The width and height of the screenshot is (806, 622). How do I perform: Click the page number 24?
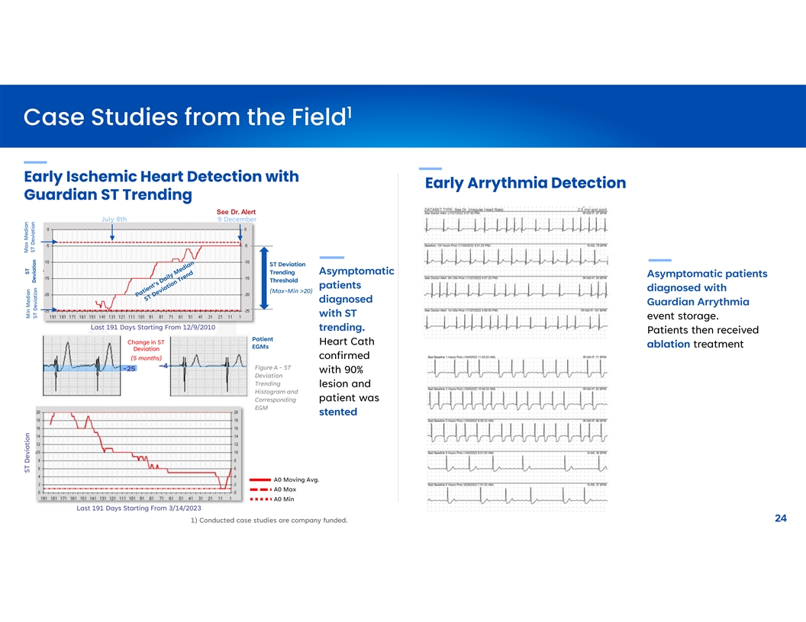coord(780,518)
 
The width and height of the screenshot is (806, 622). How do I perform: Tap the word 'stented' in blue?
coord(338,412)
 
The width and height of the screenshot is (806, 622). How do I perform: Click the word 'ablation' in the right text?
coord(669,344)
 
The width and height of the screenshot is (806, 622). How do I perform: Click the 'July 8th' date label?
coord(114,220)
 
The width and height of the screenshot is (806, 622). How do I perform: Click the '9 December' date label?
coord(237,220)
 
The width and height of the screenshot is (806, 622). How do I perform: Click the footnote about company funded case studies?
coord(268,521)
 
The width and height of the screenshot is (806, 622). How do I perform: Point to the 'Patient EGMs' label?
coord(262,343)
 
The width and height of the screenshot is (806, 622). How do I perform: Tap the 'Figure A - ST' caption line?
coord(272,368)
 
